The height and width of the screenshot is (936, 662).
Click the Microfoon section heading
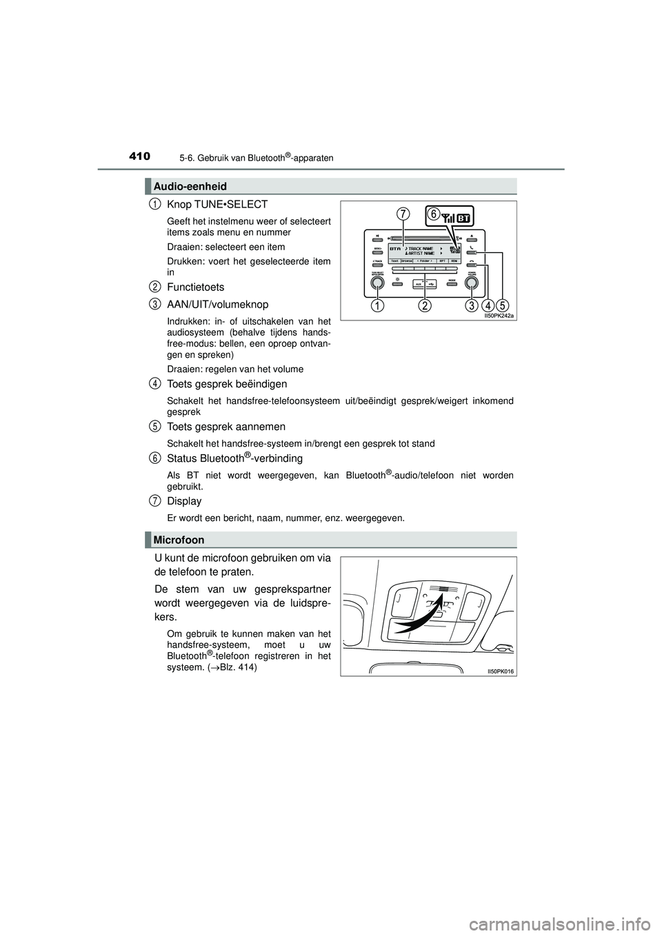(179, 540)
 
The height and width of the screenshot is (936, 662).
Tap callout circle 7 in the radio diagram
(403, 215)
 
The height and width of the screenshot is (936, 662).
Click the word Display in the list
(184, 501)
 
